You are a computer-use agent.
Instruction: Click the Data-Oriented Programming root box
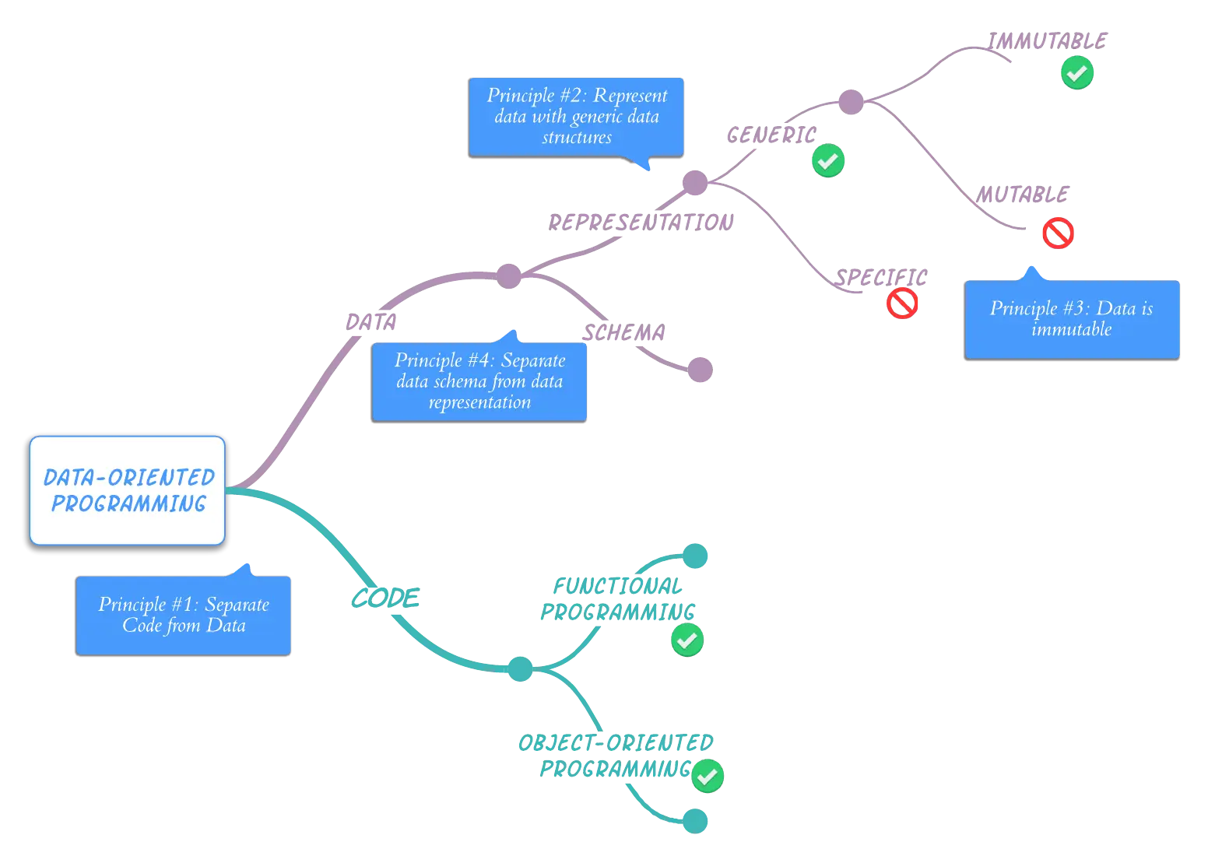click(x=128, y=490)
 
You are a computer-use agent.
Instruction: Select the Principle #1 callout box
click(x=184, y=615)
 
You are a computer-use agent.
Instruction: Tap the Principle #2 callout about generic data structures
click(x=576, y=116)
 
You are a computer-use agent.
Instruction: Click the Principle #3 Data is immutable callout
click(x=1072, y=319)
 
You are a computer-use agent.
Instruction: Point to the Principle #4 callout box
click(x=479, y=381)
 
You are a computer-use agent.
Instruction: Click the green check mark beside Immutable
click(x=1077, y=73)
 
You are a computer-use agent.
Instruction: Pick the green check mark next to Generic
click(x=828, y=161)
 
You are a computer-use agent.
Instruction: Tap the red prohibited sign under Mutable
click(x=1058, y=232)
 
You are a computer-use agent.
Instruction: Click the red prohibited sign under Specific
click(x=902, y=303)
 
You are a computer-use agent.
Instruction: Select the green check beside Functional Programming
click(x=687, y=640)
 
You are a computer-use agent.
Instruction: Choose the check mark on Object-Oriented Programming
click(x=707, y=776)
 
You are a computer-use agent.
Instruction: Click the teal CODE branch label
click(x=385, y=598)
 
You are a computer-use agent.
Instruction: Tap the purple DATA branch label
click(x=370, y=321)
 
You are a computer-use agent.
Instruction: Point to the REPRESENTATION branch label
click(x=640, y=223)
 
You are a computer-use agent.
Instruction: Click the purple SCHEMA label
click(x=625, y=332)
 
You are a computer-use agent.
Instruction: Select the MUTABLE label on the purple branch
click(x=1024, y=193)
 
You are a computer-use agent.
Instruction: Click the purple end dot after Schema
click(x=701, y=370)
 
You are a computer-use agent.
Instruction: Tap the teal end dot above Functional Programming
click(x=695, y=556)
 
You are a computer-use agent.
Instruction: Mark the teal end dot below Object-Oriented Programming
click(x=694, y=820)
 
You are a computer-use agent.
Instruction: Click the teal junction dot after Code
click(x=520, y=668)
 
